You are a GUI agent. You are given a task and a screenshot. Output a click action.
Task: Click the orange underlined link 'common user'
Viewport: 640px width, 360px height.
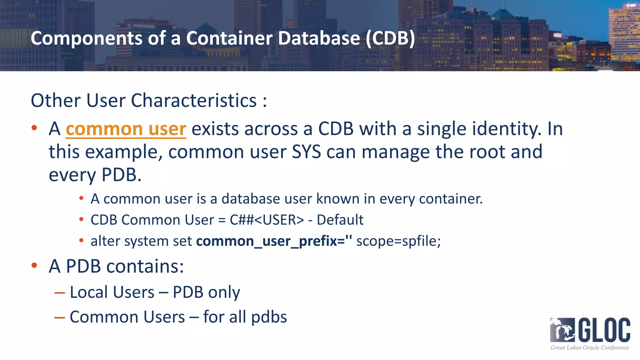(x=126, y=129)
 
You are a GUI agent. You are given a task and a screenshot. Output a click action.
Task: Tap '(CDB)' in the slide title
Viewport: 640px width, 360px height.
(x=390, y=38)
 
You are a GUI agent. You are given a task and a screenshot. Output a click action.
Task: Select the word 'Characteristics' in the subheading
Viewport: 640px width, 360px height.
(x=194, y=101)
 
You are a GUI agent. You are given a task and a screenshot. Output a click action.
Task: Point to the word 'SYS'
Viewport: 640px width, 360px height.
(x=306, y=152)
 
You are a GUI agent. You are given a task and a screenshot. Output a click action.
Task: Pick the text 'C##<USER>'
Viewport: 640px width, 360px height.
(x=267, y=220)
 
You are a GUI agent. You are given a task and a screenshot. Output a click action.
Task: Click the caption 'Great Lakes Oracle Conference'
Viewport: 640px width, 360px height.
(x=589, y=347)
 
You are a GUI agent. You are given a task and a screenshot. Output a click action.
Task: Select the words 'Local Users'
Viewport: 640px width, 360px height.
(x=112, y=292)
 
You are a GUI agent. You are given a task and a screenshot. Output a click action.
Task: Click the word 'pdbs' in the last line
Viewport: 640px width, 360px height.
(x=269, y=317)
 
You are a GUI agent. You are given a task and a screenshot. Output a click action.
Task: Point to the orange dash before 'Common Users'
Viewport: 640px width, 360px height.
(x=59, y=318)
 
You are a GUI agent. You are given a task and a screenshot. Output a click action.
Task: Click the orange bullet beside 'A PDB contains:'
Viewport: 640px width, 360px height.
(x=34, y=266)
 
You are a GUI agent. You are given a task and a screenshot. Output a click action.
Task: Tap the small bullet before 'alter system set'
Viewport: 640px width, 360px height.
(x=81, y=241)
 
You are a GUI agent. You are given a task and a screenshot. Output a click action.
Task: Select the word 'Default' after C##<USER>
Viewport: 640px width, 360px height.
(x=340, y=220)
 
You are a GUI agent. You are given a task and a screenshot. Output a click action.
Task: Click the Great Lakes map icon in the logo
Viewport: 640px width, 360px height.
(x=562, y=330)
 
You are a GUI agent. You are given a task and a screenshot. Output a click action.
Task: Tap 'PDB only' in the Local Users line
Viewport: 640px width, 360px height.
(x=206, y=292)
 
